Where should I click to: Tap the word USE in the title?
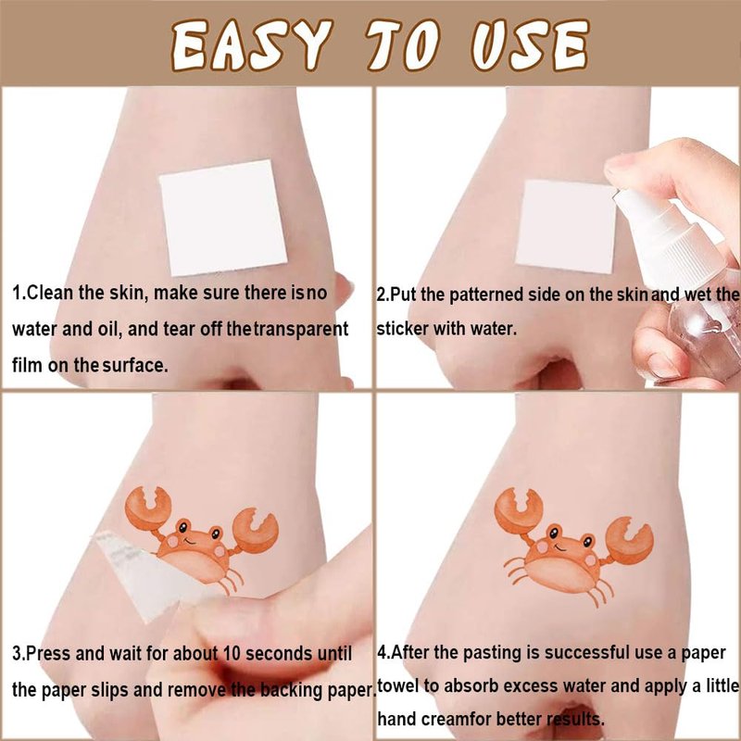click(x=530, y=45)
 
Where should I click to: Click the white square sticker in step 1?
click(x=223, y=218)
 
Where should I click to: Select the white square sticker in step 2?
click(x=566, y=227)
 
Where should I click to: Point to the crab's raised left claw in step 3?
click(x=148, y=508)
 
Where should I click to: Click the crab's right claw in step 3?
click(x=256, y=530)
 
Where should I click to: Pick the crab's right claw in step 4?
click(x=630, y=541)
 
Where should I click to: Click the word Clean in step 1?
click(x=51, y=293)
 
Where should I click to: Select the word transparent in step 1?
click(x=301, y=329)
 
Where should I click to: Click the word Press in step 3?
click(x=48, y=654)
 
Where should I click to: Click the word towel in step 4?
click(x=398, y=685)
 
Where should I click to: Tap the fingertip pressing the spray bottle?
click(x=619, y=167)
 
